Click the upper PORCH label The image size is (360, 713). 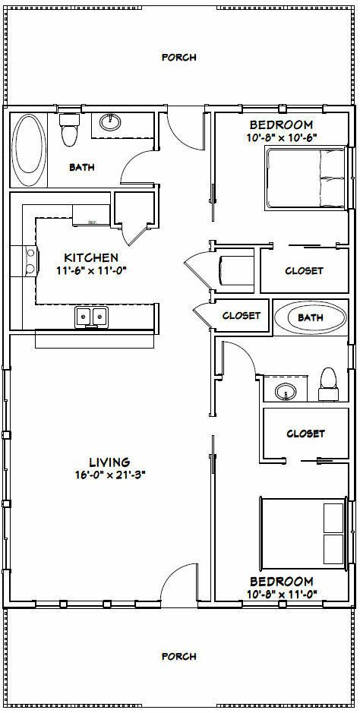pyautogui.click(x=179, y=57)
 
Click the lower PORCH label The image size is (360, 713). pyautogui.click(x=179, y=656)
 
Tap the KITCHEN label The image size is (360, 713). pyautogui.click(x=91, y=258)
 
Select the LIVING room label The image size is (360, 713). pyautogui.click(x=109, y=462)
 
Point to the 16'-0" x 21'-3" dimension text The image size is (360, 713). pyautogui.click(x=109, y=475)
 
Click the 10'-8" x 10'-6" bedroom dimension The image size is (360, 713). pyautogui.click(x=281, y=137)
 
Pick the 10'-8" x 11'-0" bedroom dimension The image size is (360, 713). pyautogui.click(x=281, y=594)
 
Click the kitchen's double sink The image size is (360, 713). pyautogui.click(x=92, y=316)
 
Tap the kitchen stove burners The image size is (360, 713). pyautogui.click(x=30, y=260)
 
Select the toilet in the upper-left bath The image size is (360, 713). pyautogui.click(x=68, y=128)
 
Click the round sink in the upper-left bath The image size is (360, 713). pyautogui.click(x=110, y=121)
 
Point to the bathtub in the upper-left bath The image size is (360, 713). pyautogui.click(x=28, y=150)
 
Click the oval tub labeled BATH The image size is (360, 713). pyautogui.click(x=311, y=318)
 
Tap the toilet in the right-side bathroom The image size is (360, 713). pyautogui.click(x=328, y=385)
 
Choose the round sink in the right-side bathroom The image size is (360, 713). pyautogui.click(x=285, y=390)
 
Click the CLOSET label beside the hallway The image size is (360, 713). pyautogui.click(x=242, y=316)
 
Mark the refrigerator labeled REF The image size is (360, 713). pyautogui.click(x=91, y=215)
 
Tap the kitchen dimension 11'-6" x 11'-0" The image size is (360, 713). pyautogui.click(x=91, y=270)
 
